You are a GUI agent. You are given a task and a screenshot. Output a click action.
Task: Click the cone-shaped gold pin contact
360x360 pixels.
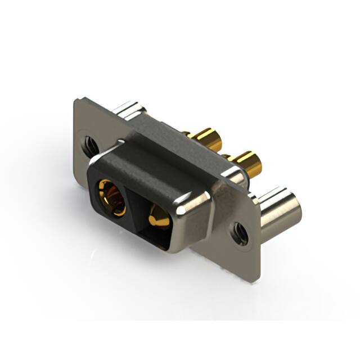coord(158,217)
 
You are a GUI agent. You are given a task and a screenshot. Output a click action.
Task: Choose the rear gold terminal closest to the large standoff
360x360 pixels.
coord(247,164)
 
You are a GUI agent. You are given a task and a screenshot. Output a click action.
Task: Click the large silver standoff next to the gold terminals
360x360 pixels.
coord(280,212)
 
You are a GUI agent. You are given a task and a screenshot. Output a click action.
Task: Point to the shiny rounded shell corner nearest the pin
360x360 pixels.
coord(194,205)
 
